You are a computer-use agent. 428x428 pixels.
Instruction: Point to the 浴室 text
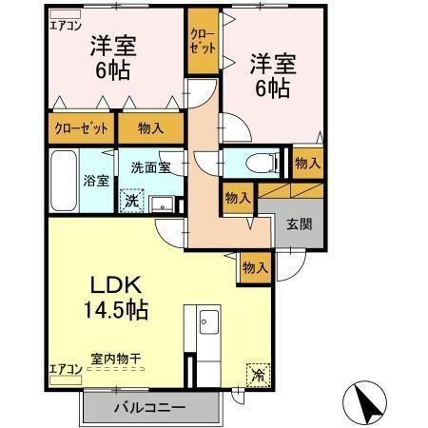coord(96,180)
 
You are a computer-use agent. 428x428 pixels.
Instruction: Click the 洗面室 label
coord(150,164)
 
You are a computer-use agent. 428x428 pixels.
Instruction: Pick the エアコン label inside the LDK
coord(61,368)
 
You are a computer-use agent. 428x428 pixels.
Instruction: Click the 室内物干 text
coord(116,359)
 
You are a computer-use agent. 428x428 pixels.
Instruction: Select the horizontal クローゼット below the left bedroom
coord(80,126)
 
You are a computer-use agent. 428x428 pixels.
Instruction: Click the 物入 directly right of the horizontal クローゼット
coord(150,126)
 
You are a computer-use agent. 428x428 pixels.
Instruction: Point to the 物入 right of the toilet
coord(306,163)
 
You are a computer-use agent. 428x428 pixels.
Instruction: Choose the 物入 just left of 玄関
coord(238,198)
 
